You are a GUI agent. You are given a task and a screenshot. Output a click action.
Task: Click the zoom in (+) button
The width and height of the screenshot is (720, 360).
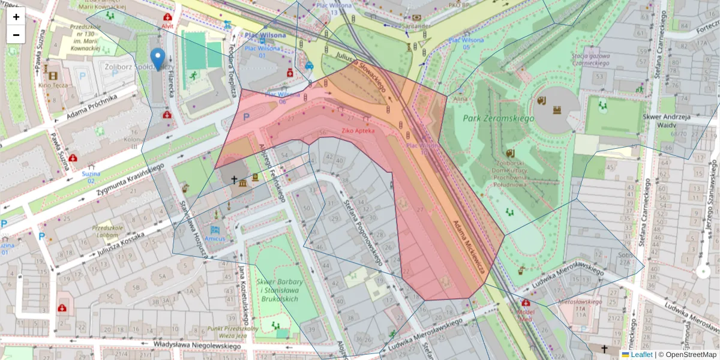click(16, 17)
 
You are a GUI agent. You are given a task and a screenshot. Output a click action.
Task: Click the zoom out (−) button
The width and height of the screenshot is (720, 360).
click(16, 35)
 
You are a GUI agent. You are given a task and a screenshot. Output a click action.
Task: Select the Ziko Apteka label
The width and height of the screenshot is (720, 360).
click(358, 130)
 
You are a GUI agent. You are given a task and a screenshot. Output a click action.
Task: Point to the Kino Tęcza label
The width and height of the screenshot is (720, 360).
click(53, 85)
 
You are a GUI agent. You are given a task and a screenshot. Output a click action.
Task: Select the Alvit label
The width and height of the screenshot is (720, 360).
click(167, 26)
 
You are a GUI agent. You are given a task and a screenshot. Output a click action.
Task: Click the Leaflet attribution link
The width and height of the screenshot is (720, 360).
click(641, 355)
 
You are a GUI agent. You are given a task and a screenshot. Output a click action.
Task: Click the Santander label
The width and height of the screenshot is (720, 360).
click(416, 26)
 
